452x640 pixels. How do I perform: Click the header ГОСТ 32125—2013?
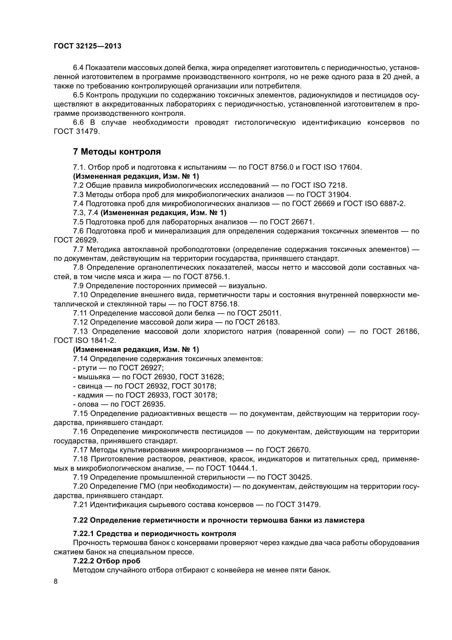[87, 46]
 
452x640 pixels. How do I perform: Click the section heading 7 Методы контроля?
[117, 152]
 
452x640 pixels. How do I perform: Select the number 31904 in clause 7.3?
[340, 195]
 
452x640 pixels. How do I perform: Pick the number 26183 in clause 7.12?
[268, 322]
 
